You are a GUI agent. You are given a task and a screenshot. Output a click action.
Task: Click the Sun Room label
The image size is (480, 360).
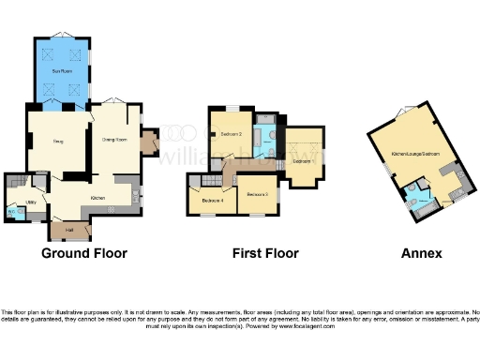(62, 71)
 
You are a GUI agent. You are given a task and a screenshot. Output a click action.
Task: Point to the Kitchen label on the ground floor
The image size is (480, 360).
(97, 198)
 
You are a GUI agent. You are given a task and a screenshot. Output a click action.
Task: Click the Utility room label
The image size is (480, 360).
(30, 201)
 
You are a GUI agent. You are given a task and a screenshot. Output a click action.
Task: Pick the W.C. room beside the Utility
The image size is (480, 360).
(12, 212)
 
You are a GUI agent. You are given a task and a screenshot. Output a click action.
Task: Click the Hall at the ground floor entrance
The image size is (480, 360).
(69, 230)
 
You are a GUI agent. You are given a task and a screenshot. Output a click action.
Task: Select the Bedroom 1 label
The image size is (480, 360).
(301, 160)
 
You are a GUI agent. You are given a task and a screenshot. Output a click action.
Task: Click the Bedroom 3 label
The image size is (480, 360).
(257, 194)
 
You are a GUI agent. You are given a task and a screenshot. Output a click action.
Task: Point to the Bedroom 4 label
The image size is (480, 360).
(212, 200)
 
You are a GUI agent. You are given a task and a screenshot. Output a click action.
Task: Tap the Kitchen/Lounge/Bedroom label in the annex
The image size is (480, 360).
(416, 152)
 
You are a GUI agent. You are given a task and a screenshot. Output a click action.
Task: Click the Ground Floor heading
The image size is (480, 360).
(84, 253)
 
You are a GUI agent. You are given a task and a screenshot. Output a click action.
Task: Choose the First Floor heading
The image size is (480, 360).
(265, 253)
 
